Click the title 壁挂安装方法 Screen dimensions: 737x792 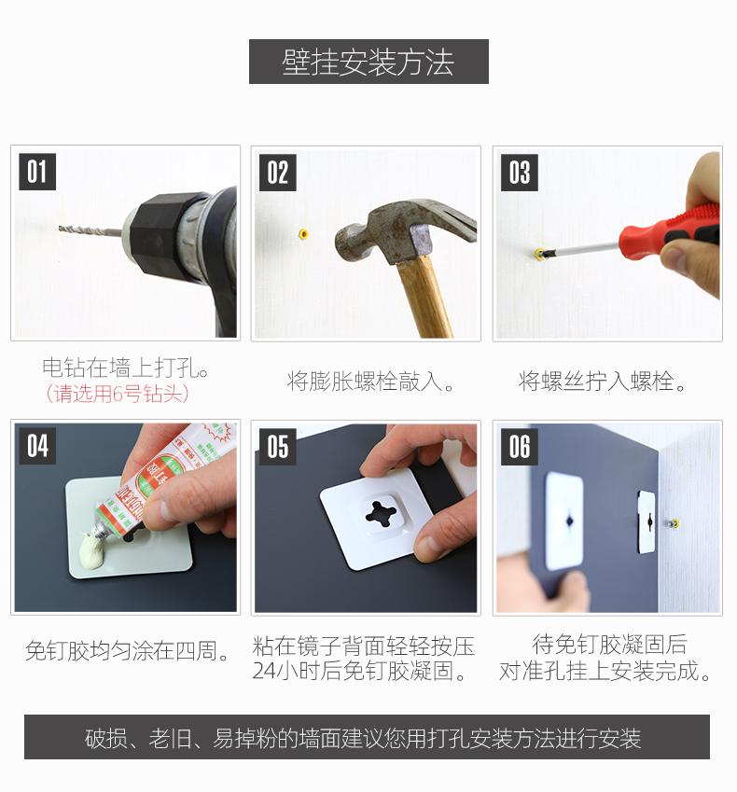tap(368, 63)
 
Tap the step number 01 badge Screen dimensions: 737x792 tap(37, 172)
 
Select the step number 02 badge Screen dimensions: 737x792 tap(277, 173)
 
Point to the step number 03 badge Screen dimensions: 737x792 tap(520, 173)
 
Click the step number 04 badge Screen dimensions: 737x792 tap(37, 446)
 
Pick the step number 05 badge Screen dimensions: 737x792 tap(277, 447)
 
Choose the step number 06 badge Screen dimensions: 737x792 tap(520, 447)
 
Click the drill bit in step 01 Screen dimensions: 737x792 tap(90, 230)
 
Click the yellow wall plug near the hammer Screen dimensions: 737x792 tap(303, 233)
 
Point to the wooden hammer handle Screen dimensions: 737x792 tap(424, 297)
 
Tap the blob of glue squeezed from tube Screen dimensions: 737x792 tap(94, 549)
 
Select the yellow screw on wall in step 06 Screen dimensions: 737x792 tap(673, 523)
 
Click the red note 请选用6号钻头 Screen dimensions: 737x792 tap(118, 394)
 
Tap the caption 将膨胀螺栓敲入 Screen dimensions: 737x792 tap(370, 381)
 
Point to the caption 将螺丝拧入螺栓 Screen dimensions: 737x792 tap(602, 381)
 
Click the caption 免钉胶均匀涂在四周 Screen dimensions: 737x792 tap(127, 650)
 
